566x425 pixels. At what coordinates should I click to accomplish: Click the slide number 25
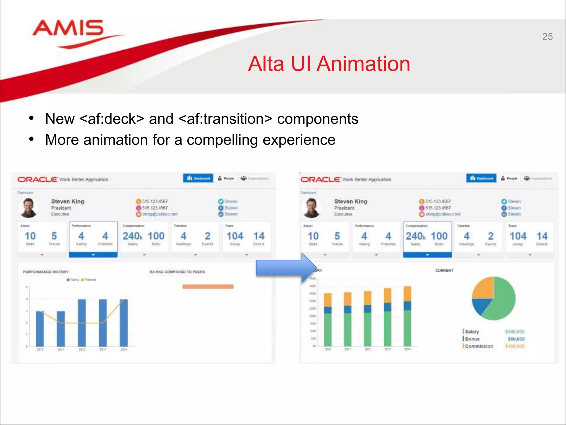pyautogui.click(x=547, y=37)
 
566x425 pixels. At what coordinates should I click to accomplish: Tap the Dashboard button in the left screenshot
pyautogui.click(x=198, y=178)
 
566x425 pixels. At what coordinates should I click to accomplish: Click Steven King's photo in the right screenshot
pyautogui.click(x=311, y=208)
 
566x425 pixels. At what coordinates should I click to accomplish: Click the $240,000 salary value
pyautogui.click(x=515, y=331)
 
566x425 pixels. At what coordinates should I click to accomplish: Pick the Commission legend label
pyautogui.click(x=479, y=346)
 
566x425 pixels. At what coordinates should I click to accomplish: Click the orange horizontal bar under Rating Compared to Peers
pyautogui.click(x=208, y=287)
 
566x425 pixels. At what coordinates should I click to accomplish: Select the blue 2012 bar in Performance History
pyautogui.click(x=82, y=322)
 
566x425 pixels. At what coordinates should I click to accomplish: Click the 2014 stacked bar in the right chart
pyautogui.click(x=407, y=318)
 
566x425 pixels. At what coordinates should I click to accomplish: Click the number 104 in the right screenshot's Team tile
pyautogui.click(x=518, y=236)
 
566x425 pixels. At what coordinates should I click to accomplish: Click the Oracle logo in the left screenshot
pyautogui.click(x=38, y=180)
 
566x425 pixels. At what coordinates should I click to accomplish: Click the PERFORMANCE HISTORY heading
pyautogui.click(x=46, y=272)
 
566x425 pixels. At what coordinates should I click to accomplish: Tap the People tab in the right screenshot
pyautogui.click(x=510, y=178)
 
